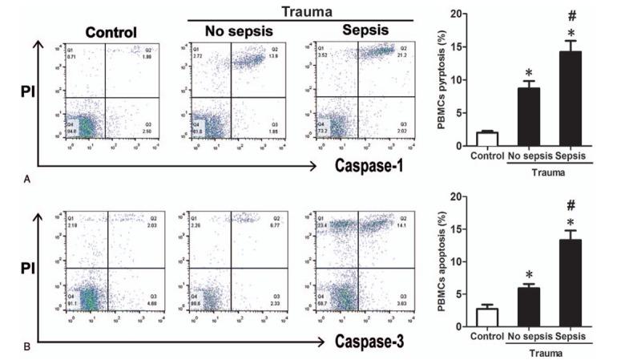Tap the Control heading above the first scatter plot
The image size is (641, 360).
[111, 33]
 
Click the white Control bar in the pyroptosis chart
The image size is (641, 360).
[488, 139]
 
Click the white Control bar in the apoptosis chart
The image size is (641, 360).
[488, 318]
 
